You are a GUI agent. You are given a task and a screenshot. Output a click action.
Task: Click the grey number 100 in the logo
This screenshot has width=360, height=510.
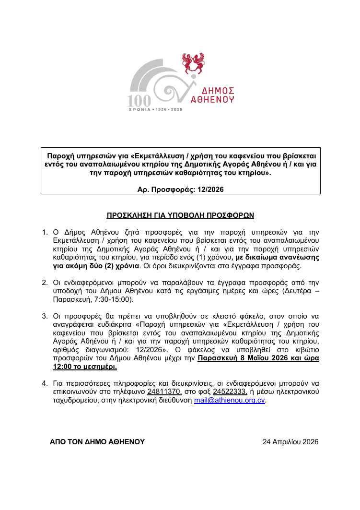click(x=139, y=100)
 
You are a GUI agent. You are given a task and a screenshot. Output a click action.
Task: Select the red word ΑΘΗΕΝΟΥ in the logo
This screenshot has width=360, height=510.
click(x=212, y=100)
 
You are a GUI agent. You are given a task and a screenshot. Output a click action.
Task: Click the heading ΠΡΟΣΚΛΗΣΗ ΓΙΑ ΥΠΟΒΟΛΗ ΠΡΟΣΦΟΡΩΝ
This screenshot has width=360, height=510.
click(x=180, y=215)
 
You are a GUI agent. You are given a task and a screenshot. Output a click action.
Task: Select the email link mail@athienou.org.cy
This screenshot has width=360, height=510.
click(x=230, y=400)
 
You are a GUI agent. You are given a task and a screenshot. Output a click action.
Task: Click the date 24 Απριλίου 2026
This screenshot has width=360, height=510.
click(x=290, y=442)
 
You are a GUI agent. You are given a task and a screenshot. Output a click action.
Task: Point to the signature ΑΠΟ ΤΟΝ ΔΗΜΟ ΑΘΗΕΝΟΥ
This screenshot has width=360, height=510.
click(x=97, y=442)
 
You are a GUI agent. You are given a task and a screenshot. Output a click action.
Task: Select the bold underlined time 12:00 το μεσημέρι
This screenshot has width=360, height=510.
click(x=84, y=367)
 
